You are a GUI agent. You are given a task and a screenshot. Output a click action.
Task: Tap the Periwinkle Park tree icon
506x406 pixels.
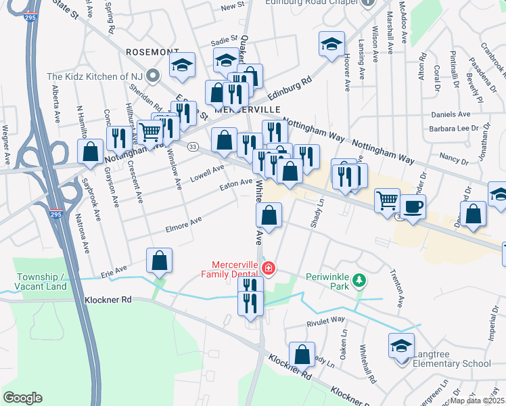[360, 279]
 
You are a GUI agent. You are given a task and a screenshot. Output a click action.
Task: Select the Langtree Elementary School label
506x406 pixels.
[448, 364]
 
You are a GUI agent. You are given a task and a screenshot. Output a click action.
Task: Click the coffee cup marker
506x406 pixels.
[412, 206]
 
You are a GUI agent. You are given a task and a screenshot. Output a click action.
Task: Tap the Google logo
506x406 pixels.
[22, 398]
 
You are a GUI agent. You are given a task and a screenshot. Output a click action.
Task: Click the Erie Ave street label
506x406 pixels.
[114, 271]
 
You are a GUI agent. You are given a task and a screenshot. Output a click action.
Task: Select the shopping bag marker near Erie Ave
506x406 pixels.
[159, 261]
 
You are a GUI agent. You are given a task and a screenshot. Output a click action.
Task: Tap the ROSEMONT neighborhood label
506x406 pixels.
[152, 51]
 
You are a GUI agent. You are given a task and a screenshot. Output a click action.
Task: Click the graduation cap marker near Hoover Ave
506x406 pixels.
[331, 44]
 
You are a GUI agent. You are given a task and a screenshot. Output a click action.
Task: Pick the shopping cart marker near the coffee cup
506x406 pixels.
[386, 200]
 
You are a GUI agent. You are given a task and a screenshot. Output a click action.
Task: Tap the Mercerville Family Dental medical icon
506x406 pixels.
[269, 269]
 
